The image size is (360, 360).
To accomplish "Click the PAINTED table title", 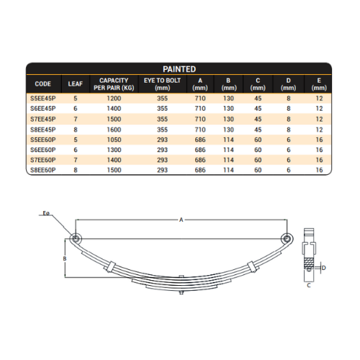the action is pyautogui.click(x=179, y=69).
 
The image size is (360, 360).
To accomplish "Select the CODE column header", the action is pyautogui.click(x=42, y=84).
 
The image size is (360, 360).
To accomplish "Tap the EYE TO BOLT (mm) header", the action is pyautogui.click(x=162, y=84).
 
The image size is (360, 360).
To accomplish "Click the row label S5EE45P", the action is pyautogui.click(x=43, y=99).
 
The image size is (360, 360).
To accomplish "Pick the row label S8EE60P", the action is pyautogui.click(x=43, y=170).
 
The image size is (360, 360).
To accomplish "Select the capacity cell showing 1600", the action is pyautogui.click(x=114, y=130).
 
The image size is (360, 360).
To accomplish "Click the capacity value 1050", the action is pyautogui.click(x=114, y=140).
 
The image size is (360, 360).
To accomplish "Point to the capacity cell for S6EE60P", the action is pyautogui.click(x=114, y=150).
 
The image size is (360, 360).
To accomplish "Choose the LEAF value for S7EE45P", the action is pyautogui.click(x=76, y=119).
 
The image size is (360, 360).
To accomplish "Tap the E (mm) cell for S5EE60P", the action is pyautogui.click(x=319, y=140).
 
